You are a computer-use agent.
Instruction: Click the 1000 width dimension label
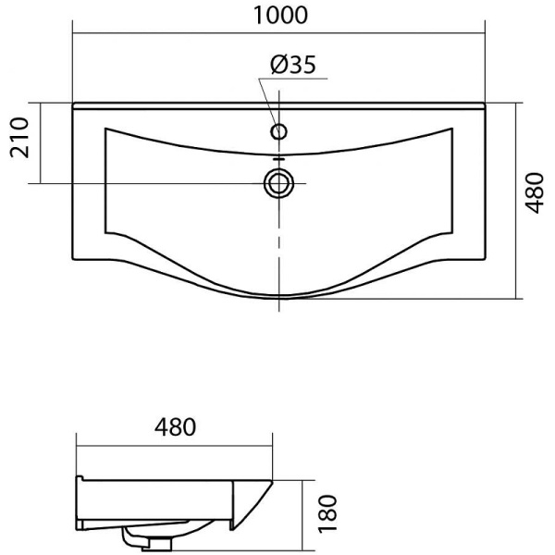click(x=280, y=16)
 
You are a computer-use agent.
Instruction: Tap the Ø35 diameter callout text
click(x=292, y=65)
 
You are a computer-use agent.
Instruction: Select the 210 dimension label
click(x=19, y=138)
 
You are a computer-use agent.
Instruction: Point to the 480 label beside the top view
click(x=534, y=192)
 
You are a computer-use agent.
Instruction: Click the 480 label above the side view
click(x=175, y=426)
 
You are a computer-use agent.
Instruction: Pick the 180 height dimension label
click(x=327, y=513)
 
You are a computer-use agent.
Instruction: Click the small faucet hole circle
click(x=279, y=131)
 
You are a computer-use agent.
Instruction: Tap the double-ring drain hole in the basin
click(x=279, y=184)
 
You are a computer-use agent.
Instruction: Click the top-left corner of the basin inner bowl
click(x=105, y=129)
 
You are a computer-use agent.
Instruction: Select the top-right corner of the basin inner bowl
click(x=452, y=129)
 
